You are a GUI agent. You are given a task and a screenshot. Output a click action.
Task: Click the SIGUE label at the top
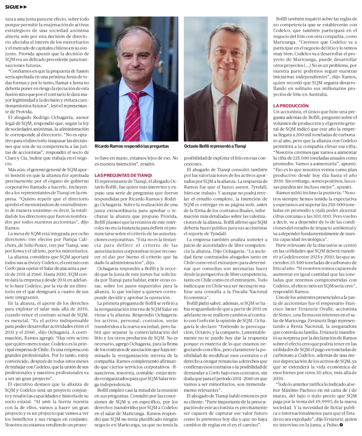pos(12,7)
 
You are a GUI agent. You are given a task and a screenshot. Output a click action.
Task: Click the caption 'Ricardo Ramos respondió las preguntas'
pos(131,146)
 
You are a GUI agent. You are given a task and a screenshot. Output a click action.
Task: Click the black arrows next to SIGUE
pos(23,7)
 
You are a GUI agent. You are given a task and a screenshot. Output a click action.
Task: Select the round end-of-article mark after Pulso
pos(341,425)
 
